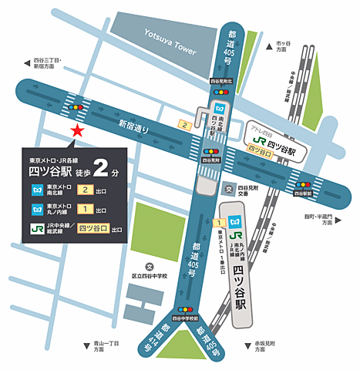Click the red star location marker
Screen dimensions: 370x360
click(76, 131)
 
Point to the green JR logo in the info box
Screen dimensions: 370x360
click(37, 229)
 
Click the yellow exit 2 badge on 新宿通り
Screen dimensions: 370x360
click(184, 124)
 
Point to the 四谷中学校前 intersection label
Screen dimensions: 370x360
click(186, 317)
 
